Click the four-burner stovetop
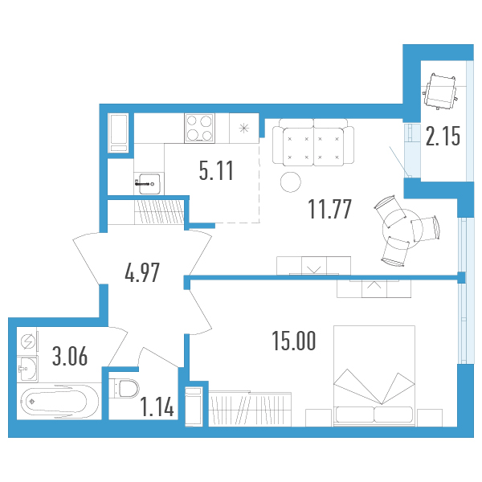click(201, 128)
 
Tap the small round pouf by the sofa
click(289, 182)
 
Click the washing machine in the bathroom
click(28, 341)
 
